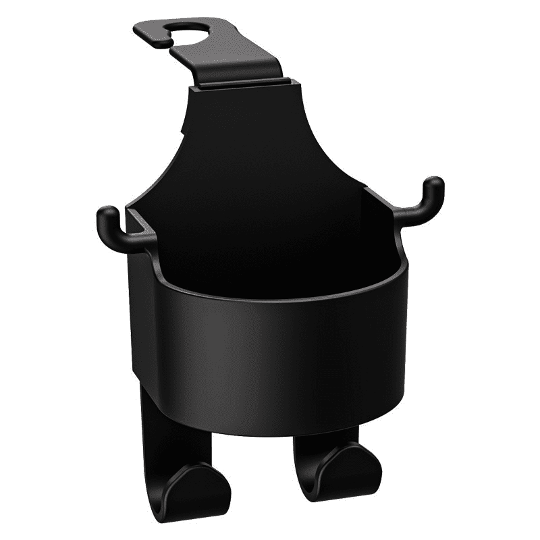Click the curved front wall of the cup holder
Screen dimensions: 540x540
coord(283,351)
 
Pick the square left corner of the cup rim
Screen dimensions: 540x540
coord(135,215)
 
